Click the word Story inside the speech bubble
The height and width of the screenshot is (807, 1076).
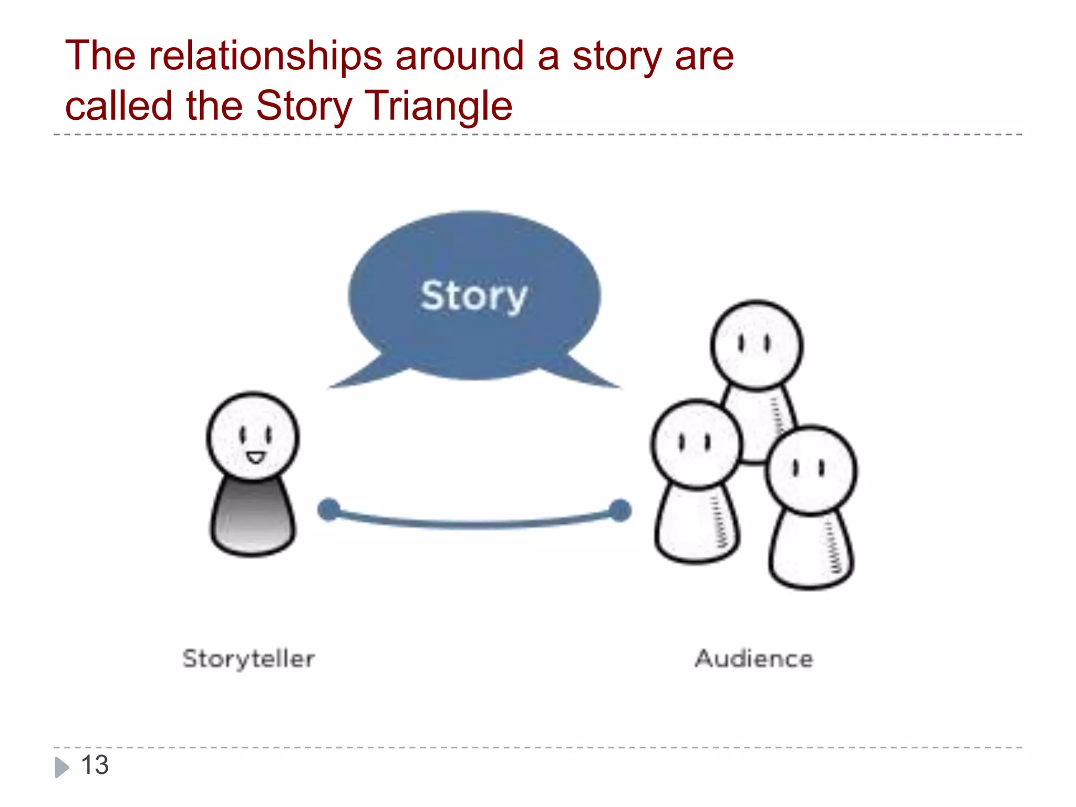[473, 296]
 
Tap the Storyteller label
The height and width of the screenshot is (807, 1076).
[249, 659]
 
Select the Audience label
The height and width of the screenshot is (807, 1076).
[754, 659]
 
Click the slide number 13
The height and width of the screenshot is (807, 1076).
[95, 765]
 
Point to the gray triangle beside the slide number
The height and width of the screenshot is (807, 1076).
[61, 767]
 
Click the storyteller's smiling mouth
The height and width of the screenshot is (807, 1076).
[256, 458]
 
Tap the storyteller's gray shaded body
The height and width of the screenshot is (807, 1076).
[253, 518]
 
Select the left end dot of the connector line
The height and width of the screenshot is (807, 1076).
[329, 510]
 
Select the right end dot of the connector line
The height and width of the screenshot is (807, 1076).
[620, 510]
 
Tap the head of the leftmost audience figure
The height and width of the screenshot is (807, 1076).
[697, 444]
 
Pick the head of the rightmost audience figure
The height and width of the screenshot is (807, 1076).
[811, 470]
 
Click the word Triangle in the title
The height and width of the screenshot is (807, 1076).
[438, 106]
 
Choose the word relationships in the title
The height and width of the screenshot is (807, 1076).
[265, 56]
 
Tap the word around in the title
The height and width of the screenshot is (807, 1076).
[460, 56]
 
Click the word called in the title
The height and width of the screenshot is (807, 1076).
[119, 106]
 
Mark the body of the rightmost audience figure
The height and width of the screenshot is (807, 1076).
[811, 552]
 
